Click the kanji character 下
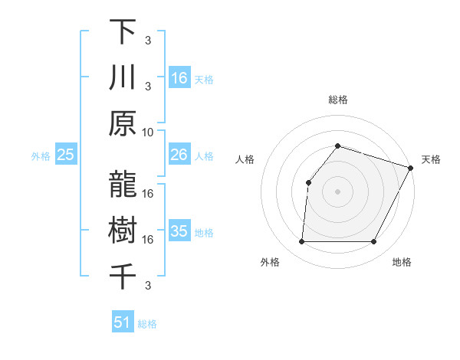click(x=123, y=33)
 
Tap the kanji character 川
click(x=123, y=78)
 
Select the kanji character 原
click(x=123, y=123)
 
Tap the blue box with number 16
click(x=179, y=78)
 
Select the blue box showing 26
click(x=179, y=155)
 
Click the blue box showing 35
click(x=179, y=231)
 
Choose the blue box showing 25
click(x=66, y=155)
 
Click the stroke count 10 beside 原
click(x=148, y=131)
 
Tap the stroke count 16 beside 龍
click(x=148, y=194)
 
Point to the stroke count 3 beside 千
click(x=148, y=286)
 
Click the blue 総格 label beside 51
click(x=147, y=324)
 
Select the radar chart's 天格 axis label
click(x=431, y=159)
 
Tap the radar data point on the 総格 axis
click(x=337, y=146)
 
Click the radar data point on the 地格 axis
click(x=374, y=242)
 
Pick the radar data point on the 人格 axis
click(x=308, y=182)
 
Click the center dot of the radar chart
click(x=337, y=191)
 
